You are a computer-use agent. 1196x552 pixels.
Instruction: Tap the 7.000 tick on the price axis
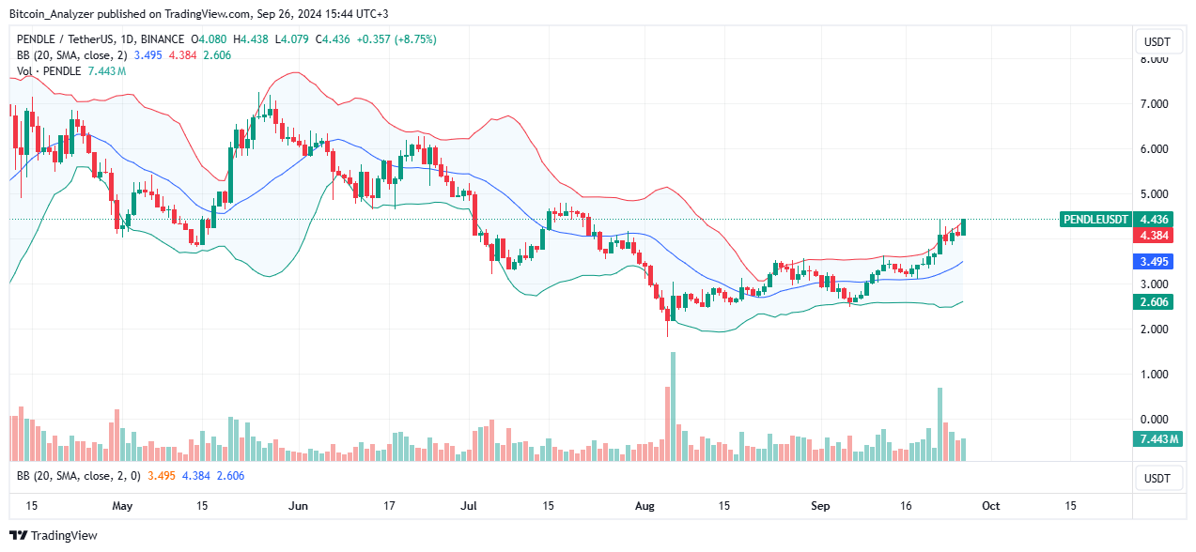[1154, 104]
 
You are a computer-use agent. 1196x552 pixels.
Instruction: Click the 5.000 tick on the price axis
[1154, 194]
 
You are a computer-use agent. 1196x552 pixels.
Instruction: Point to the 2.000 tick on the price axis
[1154, 330]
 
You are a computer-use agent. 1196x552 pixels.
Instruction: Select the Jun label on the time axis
[298, 505]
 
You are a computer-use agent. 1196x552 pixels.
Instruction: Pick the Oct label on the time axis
[990, 505]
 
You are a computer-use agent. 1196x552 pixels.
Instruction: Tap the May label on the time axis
[122, 505]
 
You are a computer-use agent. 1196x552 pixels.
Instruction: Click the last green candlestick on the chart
[963, 227]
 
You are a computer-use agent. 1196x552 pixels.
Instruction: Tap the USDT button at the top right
[1157, 41]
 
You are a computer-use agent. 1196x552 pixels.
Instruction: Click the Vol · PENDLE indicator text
[48, 70]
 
